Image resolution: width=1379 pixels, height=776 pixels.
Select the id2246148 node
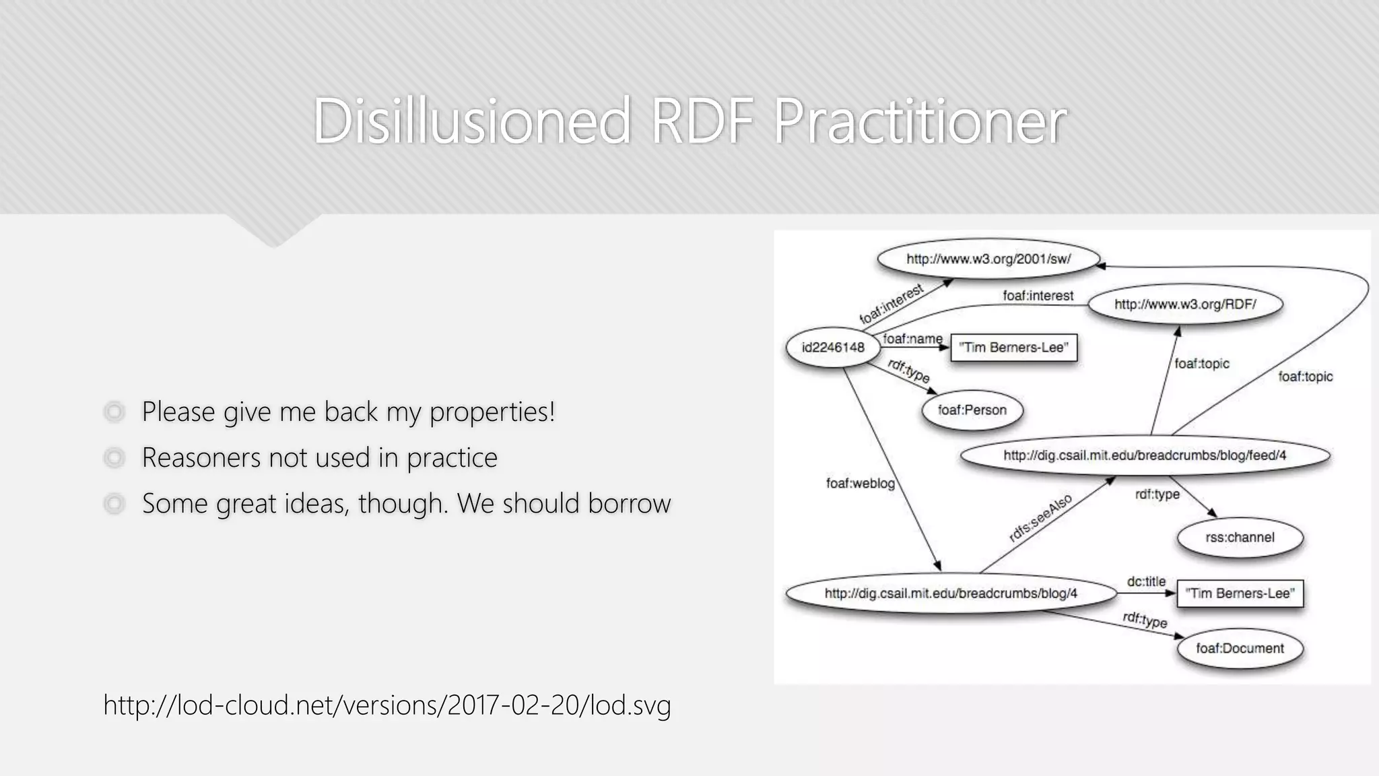click(833, 348)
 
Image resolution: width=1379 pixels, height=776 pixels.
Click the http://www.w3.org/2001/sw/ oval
click(988, 259)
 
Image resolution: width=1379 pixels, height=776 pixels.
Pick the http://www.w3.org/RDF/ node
click(1185, 304)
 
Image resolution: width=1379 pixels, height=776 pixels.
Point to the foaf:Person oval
click(972, 410)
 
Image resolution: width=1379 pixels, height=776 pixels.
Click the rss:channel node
click(1240, 538)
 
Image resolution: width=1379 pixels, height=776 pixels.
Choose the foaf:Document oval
click(1240, 649)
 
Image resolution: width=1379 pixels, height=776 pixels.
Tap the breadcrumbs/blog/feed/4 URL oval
click(1145, 456)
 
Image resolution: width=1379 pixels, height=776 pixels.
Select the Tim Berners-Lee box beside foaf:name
click(1013, 348)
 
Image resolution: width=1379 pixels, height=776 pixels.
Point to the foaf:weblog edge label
click(860, 484)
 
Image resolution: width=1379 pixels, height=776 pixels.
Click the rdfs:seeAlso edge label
click(1040, 517)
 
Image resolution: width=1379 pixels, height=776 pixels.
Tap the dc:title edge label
click(1146, 581)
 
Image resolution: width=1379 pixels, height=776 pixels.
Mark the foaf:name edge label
click(912, 339)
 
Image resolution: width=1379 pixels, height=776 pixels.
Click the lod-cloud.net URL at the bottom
click(387, 705)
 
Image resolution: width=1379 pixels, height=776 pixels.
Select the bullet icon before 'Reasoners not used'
click(114, 458)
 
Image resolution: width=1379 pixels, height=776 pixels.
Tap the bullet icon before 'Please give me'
click(114, 412)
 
